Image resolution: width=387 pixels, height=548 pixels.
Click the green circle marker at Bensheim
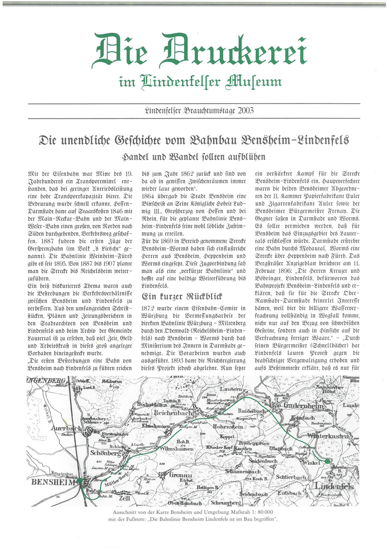click(x=80, y=481)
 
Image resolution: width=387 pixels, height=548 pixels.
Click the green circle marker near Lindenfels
click(x=327, y=461)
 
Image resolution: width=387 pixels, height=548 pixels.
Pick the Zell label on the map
click(x=124, y=498)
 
